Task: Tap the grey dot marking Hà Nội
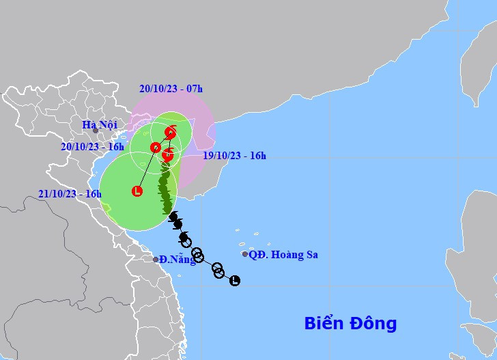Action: pos(96,130)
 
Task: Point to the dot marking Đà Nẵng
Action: pos(156,260)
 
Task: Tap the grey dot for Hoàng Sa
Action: pos(245,254)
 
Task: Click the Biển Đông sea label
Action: pos(350,323)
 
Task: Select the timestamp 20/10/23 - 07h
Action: pos(171,88)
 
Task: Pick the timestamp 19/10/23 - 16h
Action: pos(234,156)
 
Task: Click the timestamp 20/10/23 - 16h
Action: pos(92,147)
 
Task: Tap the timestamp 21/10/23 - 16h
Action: pos(70,193)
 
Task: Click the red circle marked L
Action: pos(137,191)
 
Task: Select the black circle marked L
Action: pos(235,280)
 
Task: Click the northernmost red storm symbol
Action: pos(170,133)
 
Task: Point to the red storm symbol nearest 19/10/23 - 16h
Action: pos(168,155)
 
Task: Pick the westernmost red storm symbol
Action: pos(156,147)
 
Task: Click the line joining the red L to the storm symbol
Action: pos(146,169)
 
